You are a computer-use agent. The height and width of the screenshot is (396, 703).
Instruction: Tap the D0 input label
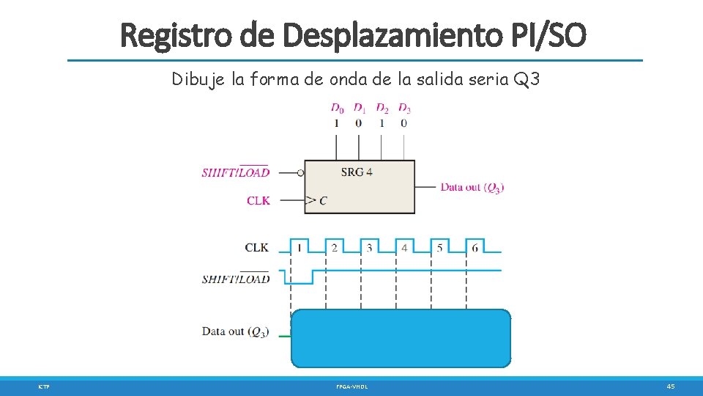pos(337,109)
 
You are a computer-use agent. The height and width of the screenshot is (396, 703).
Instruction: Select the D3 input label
pos(404,109)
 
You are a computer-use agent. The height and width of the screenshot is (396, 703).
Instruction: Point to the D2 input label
pos(382,109)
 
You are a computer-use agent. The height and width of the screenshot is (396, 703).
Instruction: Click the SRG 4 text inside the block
pos(357,172)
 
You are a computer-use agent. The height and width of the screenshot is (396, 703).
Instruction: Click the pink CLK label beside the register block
pos(258,200)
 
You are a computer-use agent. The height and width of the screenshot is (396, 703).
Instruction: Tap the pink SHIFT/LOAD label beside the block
pos(235,173)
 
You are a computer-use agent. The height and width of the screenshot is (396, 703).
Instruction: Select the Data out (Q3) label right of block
pos(472,187)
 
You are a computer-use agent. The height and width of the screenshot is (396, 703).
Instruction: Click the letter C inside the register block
pos(323,200)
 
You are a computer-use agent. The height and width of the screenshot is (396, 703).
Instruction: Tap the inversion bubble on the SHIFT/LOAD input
pos(300,173)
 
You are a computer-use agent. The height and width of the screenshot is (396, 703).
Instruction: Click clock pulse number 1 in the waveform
pos(300,248)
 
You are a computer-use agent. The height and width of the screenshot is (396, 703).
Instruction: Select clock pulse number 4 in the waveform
pos(404,248)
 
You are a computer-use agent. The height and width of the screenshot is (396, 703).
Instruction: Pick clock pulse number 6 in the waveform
pos(475,248)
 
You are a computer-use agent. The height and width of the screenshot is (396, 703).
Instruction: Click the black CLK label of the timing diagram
pos(256,248)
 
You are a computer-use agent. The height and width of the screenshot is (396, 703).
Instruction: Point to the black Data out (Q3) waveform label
pos(235,331)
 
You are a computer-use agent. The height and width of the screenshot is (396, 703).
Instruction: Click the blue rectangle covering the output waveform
pos(401,338)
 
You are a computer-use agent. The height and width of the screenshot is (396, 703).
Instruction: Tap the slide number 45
pos(670,386)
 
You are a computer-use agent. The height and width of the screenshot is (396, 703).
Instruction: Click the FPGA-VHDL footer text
pos(352,386)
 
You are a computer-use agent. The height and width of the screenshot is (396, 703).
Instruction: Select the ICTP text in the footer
pos(45,386)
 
